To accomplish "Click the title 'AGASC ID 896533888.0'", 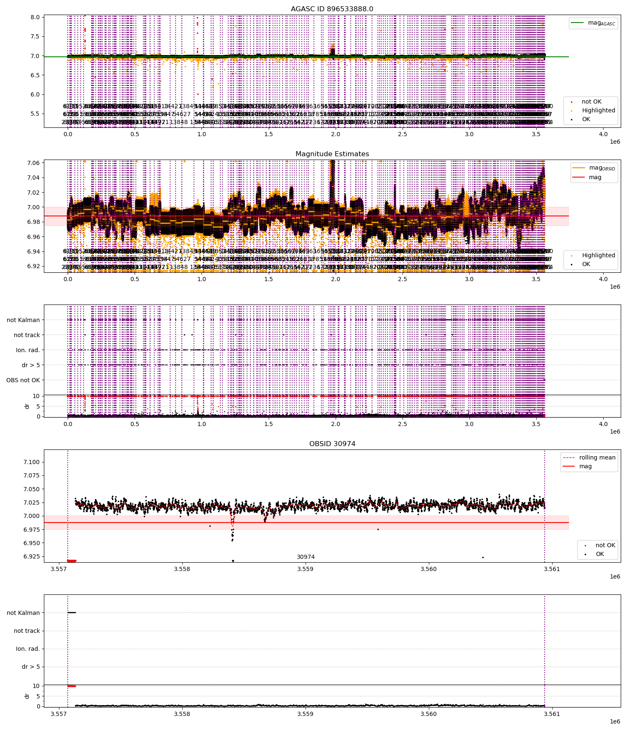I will coord(332,9).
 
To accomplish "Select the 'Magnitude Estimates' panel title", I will coord(332,154).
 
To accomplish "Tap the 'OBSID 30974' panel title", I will coord(332,444).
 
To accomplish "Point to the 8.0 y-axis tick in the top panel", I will coord(36,17).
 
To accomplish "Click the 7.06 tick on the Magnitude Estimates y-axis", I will coord(33,162).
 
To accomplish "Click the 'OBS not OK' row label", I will coord(23,380).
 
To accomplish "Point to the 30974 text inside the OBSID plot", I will coord(306,557).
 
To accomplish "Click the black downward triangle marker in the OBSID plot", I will coord(233,561).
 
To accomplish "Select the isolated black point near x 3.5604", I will coord(483,557).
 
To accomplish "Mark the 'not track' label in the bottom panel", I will coord(27,631).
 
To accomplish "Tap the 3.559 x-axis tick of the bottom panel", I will coord(305,714).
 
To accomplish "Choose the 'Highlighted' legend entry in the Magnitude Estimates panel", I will coord(598,255).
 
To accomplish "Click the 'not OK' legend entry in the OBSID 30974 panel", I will coord(605,545).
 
